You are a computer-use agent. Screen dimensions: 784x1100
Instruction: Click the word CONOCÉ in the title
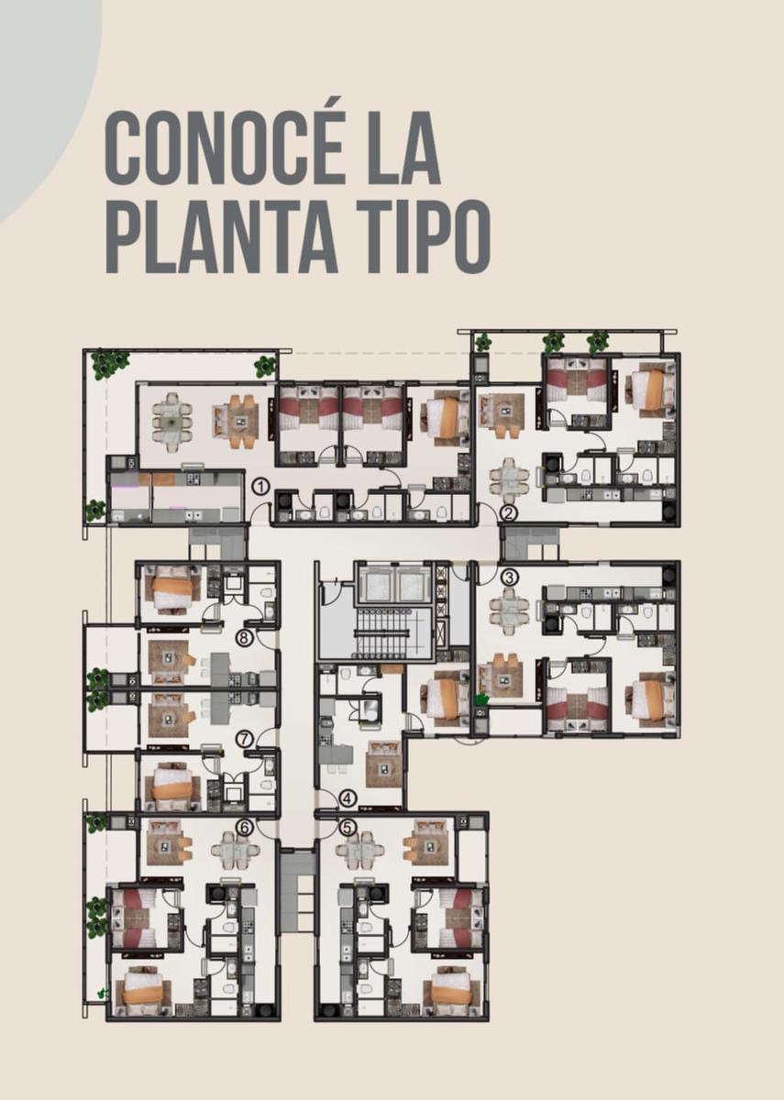224,148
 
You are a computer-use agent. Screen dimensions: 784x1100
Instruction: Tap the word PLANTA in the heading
222,236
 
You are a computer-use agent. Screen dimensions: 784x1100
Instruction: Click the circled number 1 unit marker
261,488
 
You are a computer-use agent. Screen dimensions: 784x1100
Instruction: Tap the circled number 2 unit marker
509,514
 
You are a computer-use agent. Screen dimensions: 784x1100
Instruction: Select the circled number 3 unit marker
509,578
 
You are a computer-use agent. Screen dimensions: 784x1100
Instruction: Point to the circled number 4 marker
348,799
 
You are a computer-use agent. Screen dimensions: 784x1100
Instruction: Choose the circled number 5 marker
348,828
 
